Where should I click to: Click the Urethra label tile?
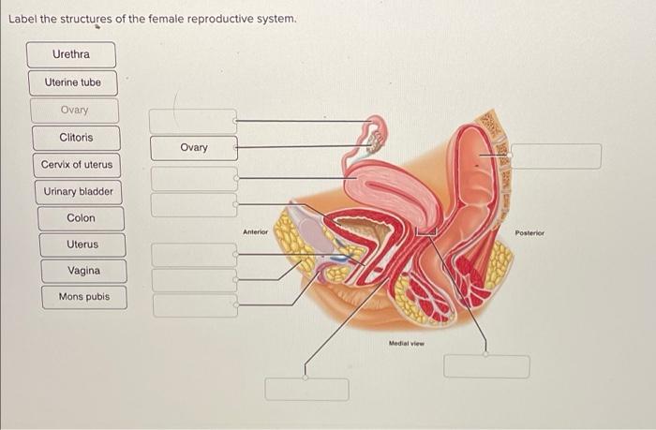[71, 54]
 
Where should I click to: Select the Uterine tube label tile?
[72, 82]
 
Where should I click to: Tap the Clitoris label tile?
[76, 138]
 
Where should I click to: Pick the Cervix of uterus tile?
[76, 165]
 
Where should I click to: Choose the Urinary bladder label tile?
[78, 192]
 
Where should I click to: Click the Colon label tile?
[81, 218]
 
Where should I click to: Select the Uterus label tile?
[82, 245]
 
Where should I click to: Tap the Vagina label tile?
[83, 271]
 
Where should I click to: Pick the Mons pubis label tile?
[83, 297]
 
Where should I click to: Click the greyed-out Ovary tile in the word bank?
[74, 111]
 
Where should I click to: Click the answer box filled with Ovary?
[194, 148]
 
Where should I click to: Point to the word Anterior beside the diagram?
[255, 231]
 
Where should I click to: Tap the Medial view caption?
[406, 344]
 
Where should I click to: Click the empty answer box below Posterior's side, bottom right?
[485, 366]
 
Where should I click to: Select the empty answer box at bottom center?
[306, 389]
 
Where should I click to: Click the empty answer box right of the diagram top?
[555, 156]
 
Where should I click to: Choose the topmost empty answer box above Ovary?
[194, 121]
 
